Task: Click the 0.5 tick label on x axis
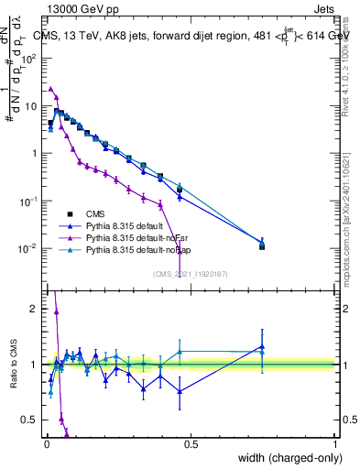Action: (x=191, y=444)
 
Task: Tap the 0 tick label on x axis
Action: (x=46, y=444)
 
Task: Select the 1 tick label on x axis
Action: (x=335, y=444)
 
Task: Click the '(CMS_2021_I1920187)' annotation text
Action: (x=190, y=273)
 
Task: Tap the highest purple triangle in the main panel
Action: (x=50, y=89)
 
